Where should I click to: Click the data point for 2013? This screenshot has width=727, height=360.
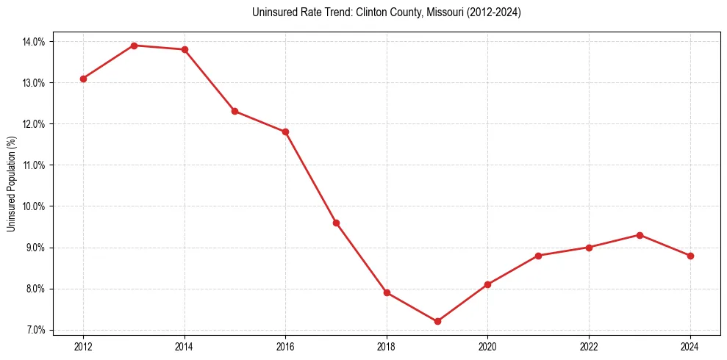(134, 46)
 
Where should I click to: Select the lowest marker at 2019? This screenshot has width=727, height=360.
(437, 321)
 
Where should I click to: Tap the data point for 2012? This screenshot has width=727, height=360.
(83, 79)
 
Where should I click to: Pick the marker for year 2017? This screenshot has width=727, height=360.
(336, 223)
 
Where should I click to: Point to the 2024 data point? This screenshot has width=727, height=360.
(690, 256)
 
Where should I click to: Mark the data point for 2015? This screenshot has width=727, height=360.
(234, 111)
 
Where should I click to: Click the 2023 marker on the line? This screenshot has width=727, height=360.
(640, 235)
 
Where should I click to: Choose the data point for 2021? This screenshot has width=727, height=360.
(538, 256)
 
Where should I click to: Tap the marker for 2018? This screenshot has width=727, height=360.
(387, 292)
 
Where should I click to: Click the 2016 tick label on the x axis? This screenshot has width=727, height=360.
(285, 346)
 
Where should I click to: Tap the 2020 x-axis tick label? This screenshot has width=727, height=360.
(487, 346)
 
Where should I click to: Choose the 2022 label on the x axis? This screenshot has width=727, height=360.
(589, 346)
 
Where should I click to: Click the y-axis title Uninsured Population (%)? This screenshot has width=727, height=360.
(12, 184)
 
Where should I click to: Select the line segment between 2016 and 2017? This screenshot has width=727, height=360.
(311, 177)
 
